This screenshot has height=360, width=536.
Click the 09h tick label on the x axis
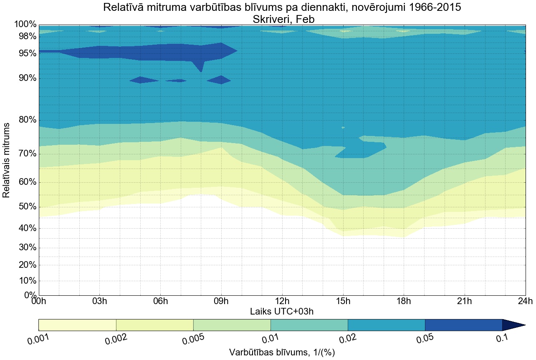pyautogui.click(x=221, y=301)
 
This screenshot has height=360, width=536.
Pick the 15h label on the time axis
pyautogui.click(x=343, y=301)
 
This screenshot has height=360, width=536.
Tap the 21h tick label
pyautogui.click(x=465, y=301)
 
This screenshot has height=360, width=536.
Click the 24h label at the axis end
pyautogui.click(x=525, y=301)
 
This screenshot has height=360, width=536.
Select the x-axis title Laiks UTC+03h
pyautogui.click(x=282, y=311)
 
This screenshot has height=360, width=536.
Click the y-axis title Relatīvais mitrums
pyautogui.click(x=7, y=160)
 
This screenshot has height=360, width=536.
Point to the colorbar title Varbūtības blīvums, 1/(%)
pyautogui.click(x=282, y=352)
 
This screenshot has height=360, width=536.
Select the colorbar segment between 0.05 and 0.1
pyautogui.click(x=463, y=325)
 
